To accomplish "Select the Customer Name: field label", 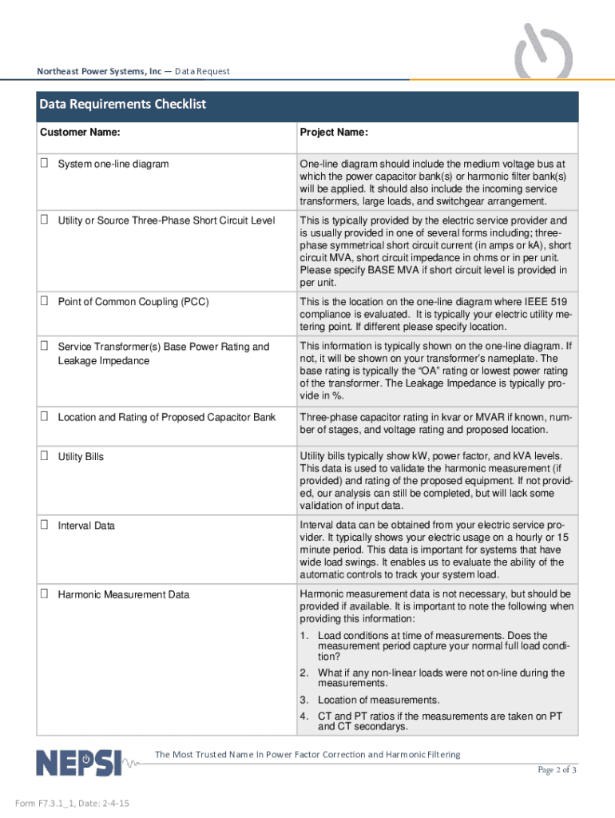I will (81, 132).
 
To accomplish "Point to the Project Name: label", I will (333, 132).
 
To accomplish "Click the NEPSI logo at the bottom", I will (78, 762).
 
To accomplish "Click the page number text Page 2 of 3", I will (557, 770).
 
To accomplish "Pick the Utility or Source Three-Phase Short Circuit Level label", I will (166, 220).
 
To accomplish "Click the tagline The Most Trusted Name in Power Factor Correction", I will (307, 754).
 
